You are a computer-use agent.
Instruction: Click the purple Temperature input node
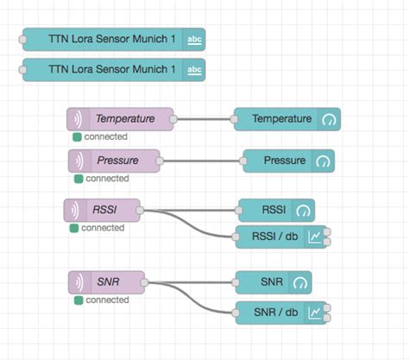121,119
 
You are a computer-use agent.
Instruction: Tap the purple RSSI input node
102,210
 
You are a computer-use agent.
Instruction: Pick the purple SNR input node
106,282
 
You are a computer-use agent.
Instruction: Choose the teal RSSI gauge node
275,210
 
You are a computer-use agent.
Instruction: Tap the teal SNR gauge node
274,282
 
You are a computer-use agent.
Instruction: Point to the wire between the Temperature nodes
204,119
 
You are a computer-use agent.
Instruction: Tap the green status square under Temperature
77,136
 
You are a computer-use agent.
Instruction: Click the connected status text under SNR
106,300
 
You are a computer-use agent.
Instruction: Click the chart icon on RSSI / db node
316,236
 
